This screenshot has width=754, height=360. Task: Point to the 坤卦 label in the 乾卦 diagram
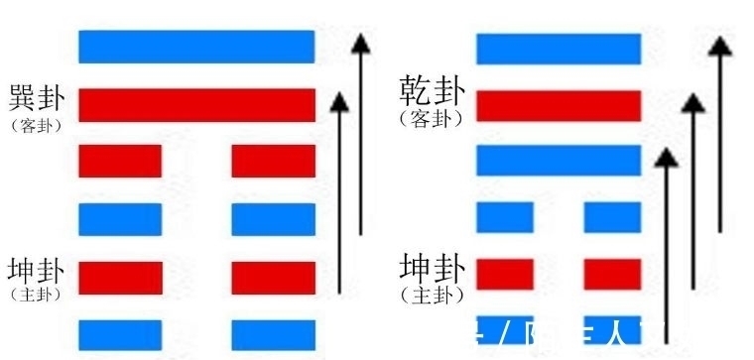(432, 269)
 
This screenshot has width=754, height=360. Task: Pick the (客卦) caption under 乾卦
(432, 118)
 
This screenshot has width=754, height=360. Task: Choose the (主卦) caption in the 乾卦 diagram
(432, 296)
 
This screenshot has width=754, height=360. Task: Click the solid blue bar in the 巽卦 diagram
(196, 47)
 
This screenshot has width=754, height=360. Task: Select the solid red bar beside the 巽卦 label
(196, 104)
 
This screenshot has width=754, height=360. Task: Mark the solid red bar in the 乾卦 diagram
(559, 104)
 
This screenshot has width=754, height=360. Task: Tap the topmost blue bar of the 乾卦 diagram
(559, 49)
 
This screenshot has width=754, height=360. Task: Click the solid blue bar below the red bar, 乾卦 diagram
(559, 160)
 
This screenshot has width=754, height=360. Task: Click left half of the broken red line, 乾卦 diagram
(505, 273)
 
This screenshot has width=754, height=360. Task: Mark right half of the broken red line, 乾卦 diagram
(612, 273)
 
